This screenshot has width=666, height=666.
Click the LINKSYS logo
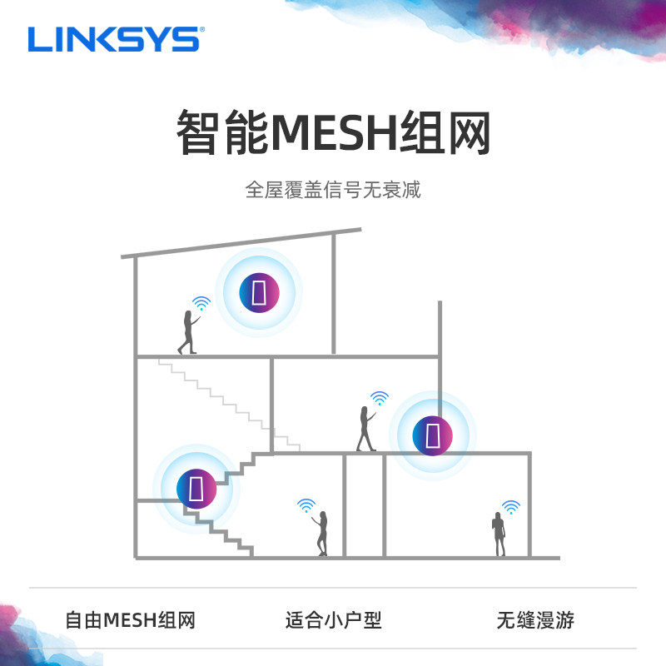coord(115,39)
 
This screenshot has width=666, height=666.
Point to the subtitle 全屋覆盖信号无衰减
coord(333,190)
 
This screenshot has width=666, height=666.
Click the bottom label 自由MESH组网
coord(130,620)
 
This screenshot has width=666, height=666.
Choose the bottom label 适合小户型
coord(333,620)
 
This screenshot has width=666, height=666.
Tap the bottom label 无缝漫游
coord(535,620)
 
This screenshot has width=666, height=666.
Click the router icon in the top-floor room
coord(259,292)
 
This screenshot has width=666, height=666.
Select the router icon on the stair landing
coord(196,488)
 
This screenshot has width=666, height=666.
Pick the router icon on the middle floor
coord(433,434)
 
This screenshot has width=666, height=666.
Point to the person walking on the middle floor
coord(365,428)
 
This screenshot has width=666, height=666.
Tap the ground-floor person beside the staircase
coord(322,533)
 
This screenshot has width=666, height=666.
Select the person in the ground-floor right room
coord(499,534)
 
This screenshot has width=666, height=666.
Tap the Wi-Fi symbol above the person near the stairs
coord(306,504)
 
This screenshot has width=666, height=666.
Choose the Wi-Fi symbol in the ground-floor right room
coord(510,505)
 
